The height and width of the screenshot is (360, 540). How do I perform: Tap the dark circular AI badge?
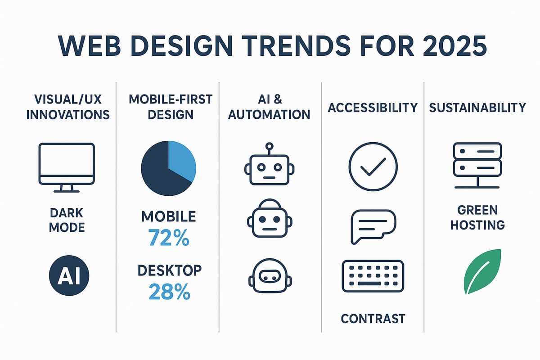coord(69,274)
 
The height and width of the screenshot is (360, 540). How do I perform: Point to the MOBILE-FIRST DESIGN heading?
coord(168,106)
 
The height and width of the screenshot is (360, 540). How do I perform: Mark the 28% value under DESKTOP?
coord(169,292)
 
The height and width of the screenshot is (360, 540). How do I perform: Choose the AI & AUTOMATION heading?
coord(269,107)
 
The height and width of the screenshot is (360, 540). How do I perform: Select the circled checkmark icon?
coord(373,167)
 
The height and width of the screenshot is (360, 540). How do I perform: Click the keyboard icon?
coord(373,275)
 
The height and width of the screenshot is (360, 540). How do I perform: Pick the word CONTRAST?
coord(373,319)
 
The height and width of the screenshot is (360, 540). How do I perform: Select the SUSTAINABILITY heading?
coord(477,108)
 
